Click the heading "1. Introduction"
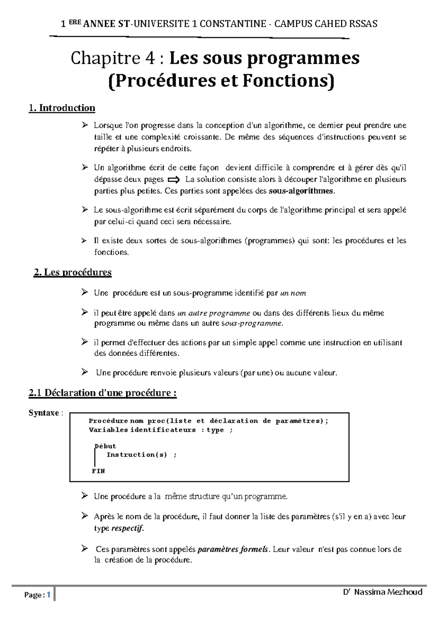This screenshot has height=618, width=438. click(x=62, y=108)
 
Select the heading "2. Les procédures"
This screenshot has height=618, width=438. click(x=72, y=273)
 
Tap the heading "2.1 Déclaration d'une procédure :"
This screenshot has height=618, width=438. click(x=103, y=393)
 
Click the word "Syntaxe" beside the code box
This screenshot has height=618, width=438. click(x=44, y=413)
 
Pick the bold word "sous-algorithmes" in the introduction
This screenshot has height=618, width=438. click(x=300, y=191)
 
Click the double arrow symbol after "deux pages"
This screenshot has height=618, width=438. click(x=174, y=180)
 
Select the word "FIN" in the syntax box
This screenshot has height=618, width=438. click(x=98, y=471)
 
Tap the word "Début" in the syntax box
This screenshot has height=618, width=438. click(x=105, y=446)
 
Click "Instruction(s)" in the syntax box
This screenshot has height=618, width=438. click(x=137, y=455)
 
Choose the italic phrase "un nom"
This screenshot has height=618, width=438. click(x=293, y=293)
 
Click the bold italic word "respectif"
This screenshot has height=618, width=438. click(x=127, y=528)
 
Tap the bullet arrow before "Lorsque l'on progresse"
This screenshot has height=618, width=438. click(x=85, y=126)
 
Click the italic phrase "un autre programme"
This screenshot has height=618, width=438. click(x=214, y=313)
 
